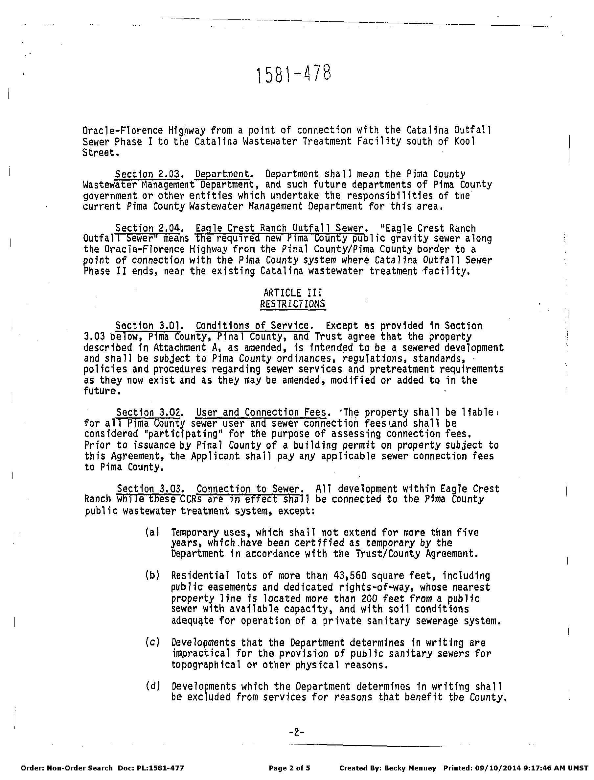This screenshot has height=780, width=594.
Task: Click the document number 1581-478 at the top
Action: click(x=294, y=74)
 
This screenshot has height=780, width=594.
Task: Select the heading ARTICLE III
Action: click(x=293, y=293)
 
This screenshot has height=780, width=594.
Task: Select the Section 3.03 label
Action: click(x=150, y=489)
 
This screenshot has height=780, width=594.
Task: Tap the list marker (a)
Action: click(x=152, y=532)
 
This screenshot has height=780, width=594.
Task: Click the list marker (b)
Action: click(x=152, y=575)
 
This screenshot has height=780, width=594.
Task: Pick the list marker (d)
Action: click(x=153, y=686)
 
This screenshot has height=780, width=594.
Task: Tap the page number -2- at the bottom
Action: click(x=297, y=732)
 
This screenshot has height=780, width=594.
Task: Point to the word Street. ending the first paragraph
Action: click(x=99, y=153)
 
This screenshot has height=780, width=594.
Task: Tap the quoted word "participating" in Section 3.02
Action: click(x=182, y=434)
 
